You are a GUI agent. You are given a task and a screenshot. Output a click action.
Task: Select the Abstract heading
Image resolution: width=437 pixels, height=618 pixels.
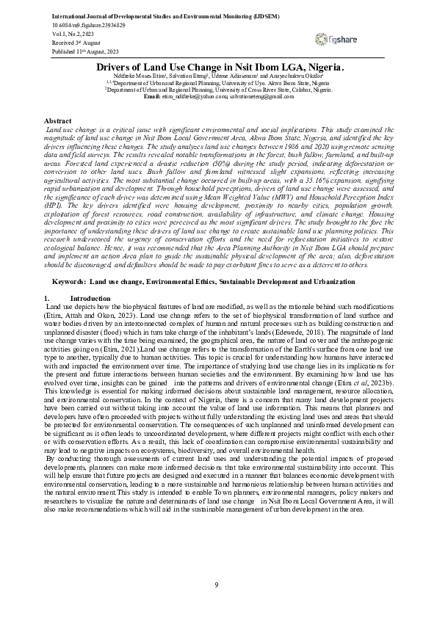pos(58,120)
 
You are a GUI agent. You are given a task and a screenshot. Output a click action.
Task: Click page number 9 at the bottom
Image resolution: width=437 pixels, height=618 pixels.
pos(217,584)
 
